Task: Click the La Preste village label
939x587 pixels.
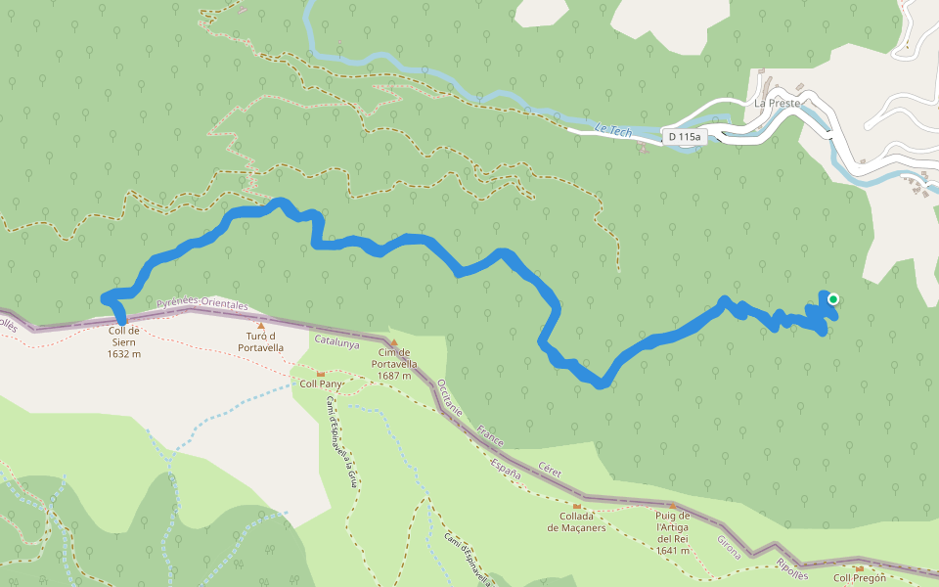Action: click(x=777, y=103)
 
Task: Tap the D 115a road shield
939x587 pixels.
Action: click(x=682, y=137)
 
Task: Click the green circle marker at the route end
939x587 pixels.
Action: click(x=833, y=299)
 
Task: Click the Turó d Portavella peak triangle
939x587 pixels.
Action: click(x=260, y=326)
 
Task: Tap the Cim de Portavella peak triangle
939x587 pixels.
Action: click(x=393, y=342)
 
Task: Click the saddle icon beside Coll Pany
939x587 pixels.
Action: click(x=320, y=374)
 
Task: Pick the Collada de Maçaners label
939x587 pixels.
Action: click(x=577, y=522)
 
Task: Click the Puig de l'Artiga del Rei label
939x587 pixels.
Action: click(x=673, y=532)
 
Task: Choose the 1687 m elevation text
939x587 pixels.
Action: click(x=392, y=376)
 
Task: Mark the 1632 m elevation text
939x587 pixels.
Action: click(x=124, y=354)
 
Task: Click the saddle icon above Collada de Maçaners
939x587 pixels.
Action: click(x=577, y=506)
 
